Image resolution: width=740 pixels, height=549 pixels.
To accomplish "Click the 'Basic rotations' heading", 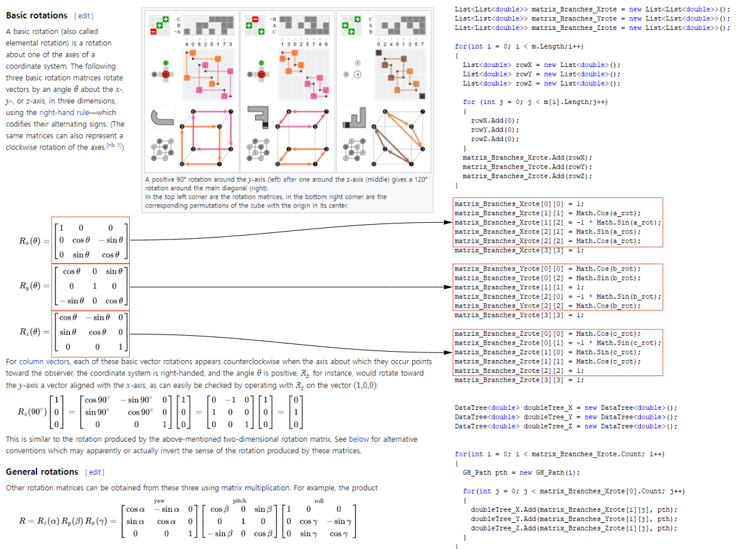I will point(36,15).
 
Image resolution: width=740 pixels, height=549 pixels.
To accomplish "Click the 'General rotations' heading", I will point(42,472).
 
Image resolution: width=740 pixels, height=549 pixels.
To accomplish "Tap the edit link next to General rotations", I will point(95,472).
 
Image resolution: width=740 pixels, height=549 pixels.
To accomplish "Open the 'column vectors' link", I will point(40,362).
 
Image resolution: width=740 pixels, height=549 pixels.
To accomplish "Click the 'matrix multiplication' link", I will point(256,488).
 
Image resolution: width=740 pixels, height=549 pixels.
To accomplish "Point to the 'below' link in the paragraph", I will point(358,439).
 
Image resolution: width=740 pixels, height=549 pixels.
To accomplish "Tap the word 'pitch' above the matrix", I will point(240,501).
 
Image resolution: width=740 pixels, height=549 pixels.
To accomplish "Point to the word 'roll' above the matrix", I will point(319,501).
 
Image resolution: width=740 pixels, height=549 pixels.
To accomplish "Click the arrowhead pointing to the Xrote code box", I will point(449,222).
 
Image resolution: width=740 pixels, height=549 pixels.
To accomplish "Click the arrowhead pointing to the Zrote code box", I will point(449,352).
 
